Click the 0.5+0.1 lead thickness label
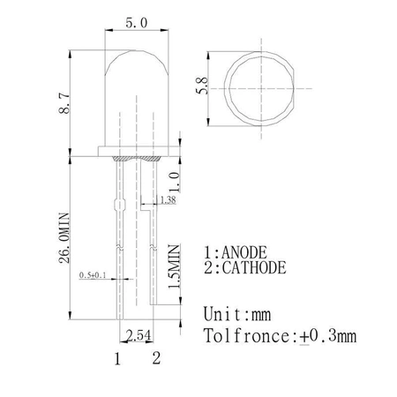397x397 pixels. tap(92, 276)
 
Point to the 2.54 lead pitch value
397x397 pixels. tap(139, 336)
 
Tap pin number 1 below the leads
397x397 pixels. tap(116, 358)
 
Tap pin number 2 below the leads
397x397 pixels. tap(156, 358)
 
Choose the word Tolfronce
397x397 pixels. tap(242, 336)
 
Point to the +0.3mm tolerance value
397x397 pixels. tap(328, 336)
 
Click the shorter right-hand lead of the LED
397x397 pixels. tap(155, 265)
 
